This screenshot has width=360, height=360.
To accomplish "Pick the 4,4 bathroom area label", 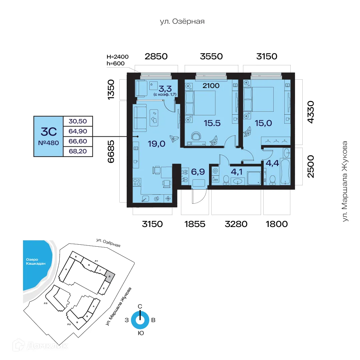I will click(272, 164).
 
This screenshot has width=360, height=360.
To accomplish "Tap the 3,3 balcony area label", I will click(165, 89).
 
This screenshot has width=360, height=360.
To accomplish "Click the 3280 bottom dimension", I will click(236, 224).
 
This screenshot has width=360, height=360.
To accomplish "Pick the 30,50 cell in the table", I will click(77, 121).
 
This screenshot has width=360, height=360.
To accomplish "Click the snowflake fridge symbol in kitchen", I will click(168, 199).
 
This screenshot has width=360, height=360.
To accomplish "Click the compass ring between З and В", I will click(140, 320).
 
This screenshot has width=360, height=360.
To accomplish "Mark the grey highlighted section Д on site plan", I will click(110, 276).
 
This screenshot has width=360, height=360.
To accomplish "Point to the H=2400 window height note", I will click(117, 57).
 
